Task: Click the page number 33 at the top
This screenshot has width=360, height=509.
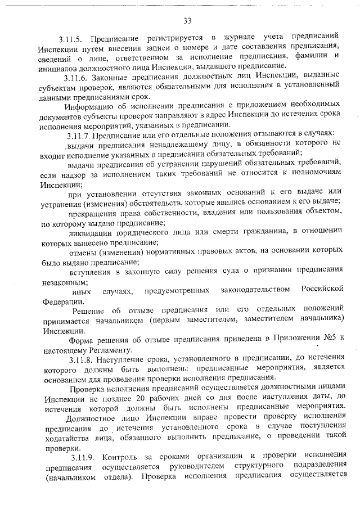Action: [187, 21]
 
